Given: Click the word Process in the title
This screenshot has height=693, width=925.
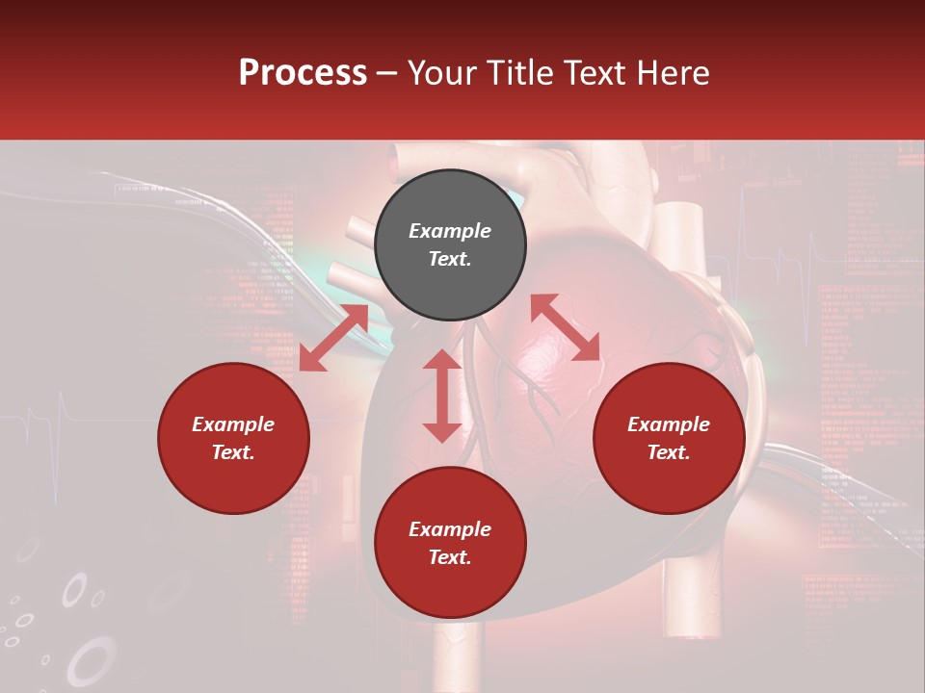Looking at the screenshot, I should [x=303, y=73].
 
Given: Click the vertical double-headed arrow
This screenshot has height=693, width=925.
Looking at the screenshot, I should [x=442, y=396].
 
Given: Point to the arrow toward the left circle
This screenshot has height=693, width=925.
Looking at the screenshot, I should [x=333, y=338].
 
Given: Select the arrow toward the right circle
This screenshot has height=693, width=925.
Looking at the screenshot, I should [x=565, y=328].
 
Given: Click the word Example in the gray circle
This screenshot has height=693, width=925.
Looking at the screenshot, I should [x=450, y=231].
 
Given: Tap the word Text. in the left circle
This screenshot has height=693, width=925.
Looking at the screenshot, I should [x=233, y=452].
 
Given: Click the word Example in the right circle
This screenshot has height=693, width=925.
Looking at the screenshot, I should [x=669, y=424].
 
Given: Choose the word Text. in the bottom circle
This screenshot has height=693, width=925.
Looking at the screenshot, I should [x=450, y=557].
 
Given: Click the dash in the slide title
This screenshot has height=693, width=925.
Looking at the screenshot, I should [x=387, y=74].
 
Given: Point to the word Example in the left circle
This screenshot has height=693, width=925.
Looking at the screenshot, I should [x=233, y=424].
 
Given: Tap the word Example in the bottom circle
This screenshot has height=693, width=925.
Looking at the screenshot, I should [x=450, y=529].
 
